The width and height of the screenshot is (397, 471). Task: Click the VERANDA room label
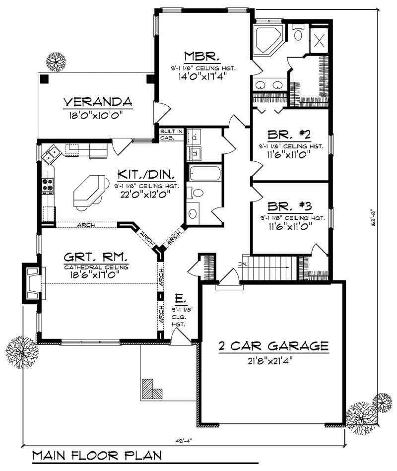(x=98, y=102)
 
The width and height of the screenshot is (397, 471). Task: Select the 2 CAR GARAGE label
(x=273, y=345)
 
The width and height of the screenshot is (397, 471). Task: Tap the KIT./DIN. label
(x=145, y=174)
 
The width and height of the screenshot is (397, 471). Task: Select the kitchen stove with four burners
(x=47, y=186)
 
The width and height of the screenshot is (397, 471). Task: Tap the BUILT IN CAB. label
(x=171, y=134)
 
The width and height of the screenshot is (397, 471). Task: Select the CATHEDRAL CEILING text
(x=96, y=267)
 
